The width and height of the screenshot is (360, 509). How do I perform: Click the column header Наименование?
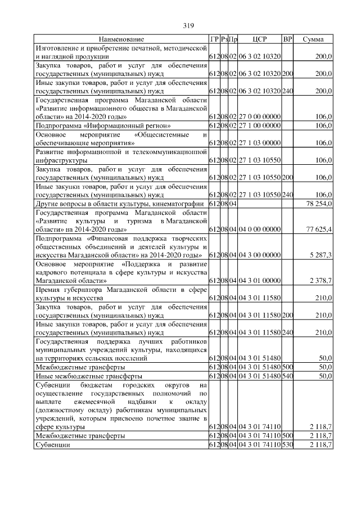(121, 39)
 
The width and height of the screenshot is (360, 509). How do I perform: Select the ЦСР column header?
(260, 39)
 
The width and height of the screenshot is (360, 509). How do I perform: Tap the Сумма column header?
(313, 39)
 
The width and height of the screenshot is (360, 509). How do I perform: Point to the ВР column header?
(287, 39)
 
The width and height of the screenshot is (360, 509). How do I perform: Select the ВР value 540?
(287, 376)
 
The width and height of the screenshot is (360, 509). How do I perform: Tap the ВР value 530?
(287, 444)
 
